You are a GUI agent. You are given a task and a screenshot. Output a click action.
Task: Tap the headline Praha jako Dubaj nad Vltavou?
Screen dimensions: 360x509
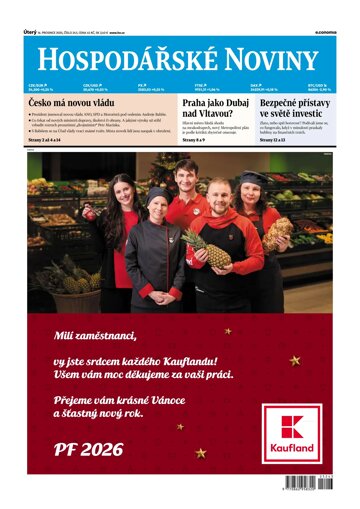213,109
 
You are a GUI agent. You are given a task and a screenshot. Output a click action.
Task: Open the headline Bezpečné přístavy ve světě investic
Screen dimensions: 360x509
295,109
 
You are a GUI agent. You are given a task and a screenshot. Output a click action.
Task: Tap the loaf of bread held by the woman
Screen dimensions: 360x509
277,232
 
